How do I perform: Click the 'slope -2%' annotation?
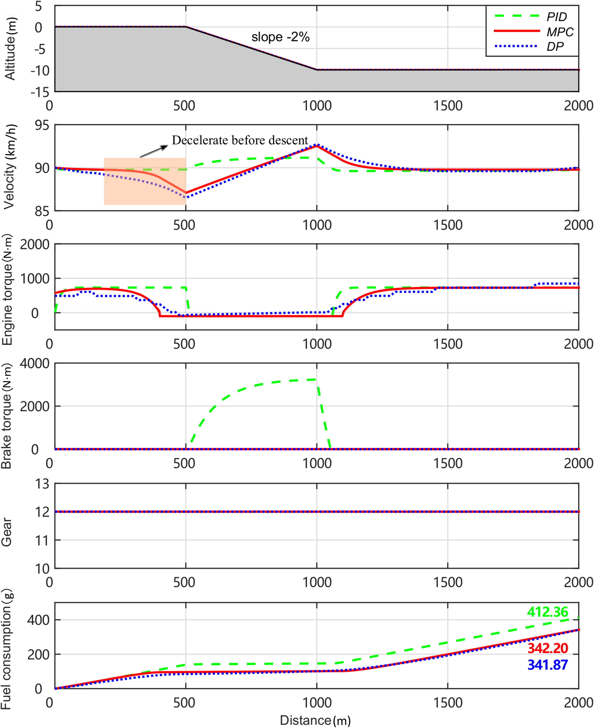coord(280,37)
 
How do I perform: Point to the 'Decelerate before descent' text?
coord(240,140)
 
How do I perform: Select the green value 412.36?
coord(547,612)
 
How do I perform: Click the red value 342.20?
coord(547,648)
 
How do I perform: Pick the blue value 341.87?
coord(547,665)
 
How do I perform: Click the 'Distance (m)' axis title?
coord(315,720)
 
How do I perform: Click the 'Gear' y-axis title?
coord(6,532)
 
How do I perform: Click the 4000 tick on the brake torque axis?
coord(34,364)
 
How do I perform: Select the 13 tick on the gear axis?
coord(42,484)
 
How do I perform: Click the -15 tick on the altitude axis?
coord(40,92)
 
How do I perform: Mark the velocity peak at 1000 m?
coord(317,145)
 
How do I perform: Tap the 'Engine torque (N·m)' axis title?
coord(7,290)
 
